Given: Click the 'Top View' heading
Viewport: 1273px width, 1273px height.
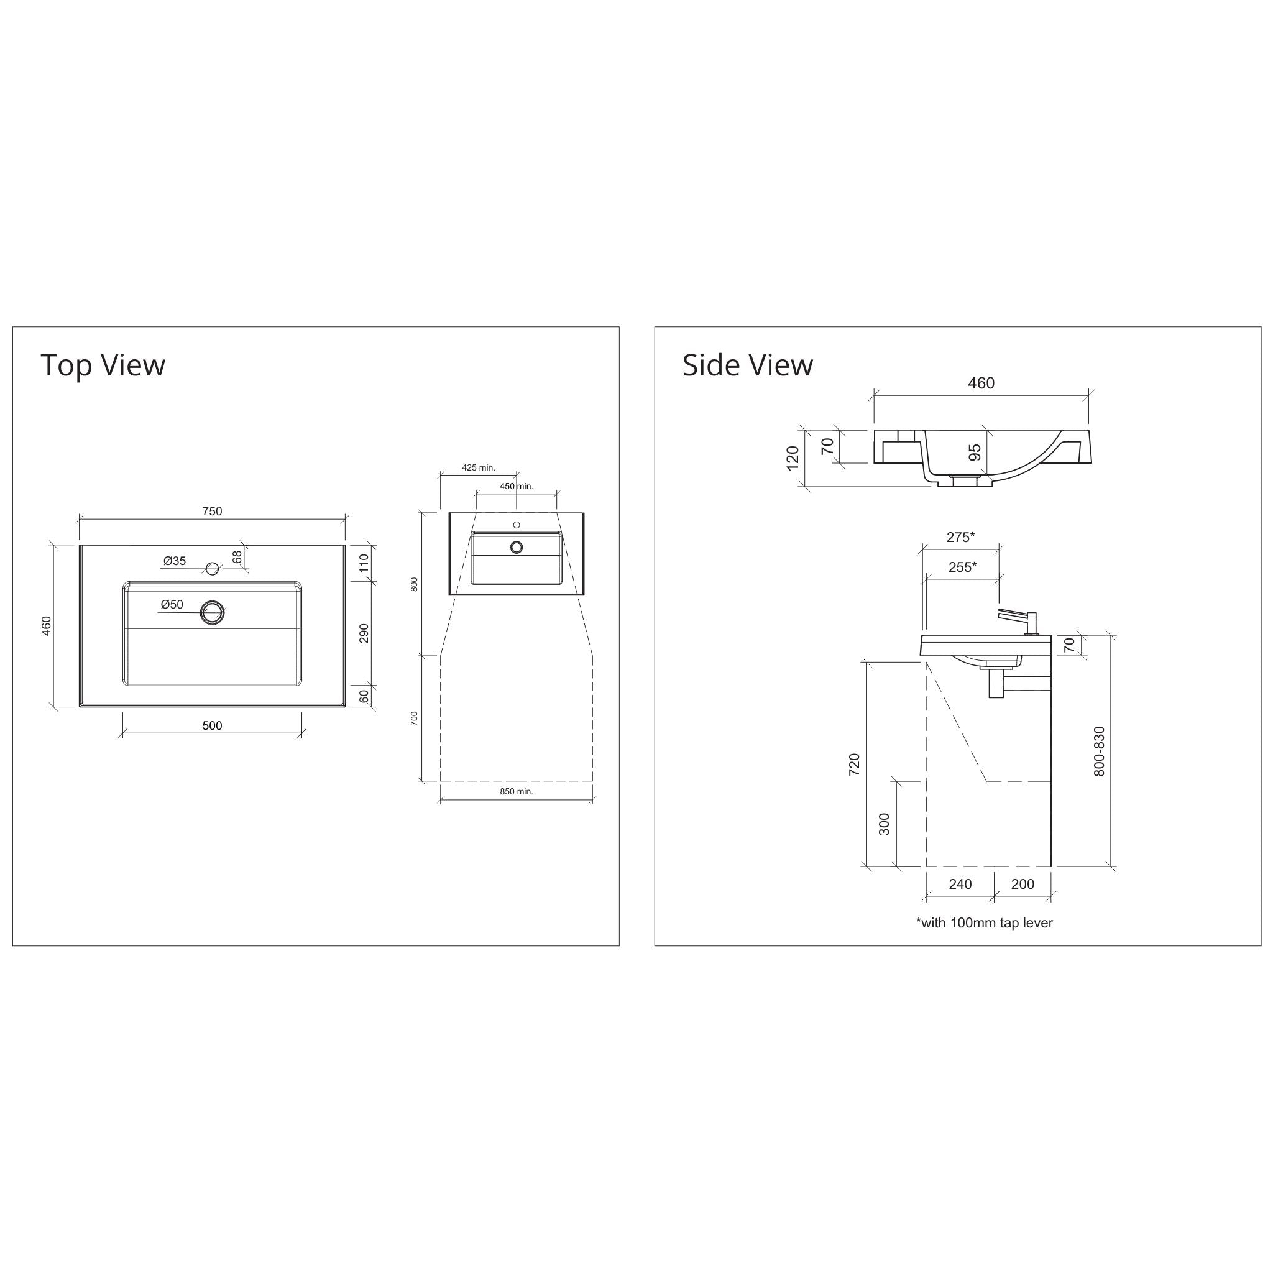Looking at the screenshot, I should (103, 365).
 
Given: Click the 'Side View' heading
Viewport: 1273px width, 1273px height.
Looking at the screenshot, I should (747, 365).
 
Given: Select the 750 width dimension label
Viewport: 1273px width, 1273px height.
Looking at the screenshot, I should (212, 512).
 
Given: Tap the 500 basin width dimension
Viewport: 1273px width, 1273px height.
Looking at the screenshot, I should (212, 725).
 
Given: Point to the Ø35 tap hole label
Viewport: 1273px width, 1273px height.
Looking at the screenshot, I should (175, 561).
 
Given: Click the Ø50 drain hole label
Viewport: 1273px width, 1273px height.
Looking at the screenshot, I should (172, 604).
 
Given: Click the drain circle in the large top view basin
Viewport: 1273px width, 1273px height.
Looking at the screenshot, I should (212, 612).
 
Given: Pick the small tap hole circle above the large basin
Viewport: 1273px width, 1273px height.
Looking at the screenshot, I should (212, 569).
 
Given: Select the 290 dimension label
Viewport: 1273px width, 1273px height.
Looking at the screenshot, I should (364, 633).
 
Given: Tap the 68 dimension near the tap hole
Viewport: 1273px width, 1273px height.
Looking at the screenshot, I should (237, 558).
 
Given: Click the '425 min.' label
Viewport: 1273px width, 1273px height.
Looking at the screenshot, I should (479, 468).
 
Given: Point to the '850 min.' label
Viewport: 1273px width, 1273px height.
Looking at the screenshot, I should (516, 791).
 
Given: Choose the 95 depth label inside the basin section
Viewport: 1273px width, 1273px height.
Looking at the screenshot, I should (975, 452).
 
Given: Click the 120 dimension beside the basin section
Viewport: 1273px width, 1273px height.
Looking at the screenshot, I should (793, 457).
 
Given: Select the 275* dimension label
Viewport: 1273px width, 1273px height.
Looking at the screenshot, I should (961, 537).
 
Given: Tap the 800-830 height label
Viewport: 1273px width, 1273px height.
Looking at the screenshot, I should (1099, 751).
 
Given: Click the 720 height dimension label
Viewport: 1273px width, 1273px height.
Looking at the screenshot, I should (854, 765).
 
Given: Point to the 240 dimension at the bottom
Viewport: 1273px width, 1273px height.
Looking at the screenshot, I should (960, 884).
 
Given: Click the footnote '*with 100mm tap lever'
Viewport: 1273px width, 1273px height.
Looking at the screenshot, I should (984, 922).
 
